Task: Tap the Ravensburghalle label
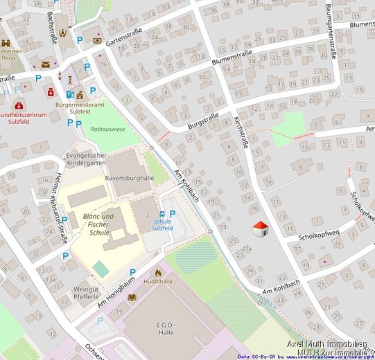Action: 129,178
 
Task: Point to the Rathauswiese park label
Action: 108,129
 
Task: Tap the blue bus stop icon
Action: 162,215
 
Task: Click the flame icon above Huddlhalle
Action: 158,273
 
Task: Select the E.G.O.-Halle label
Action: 166,330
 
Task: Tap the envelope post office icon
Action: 46,64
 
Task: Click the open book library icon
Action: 132,297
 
